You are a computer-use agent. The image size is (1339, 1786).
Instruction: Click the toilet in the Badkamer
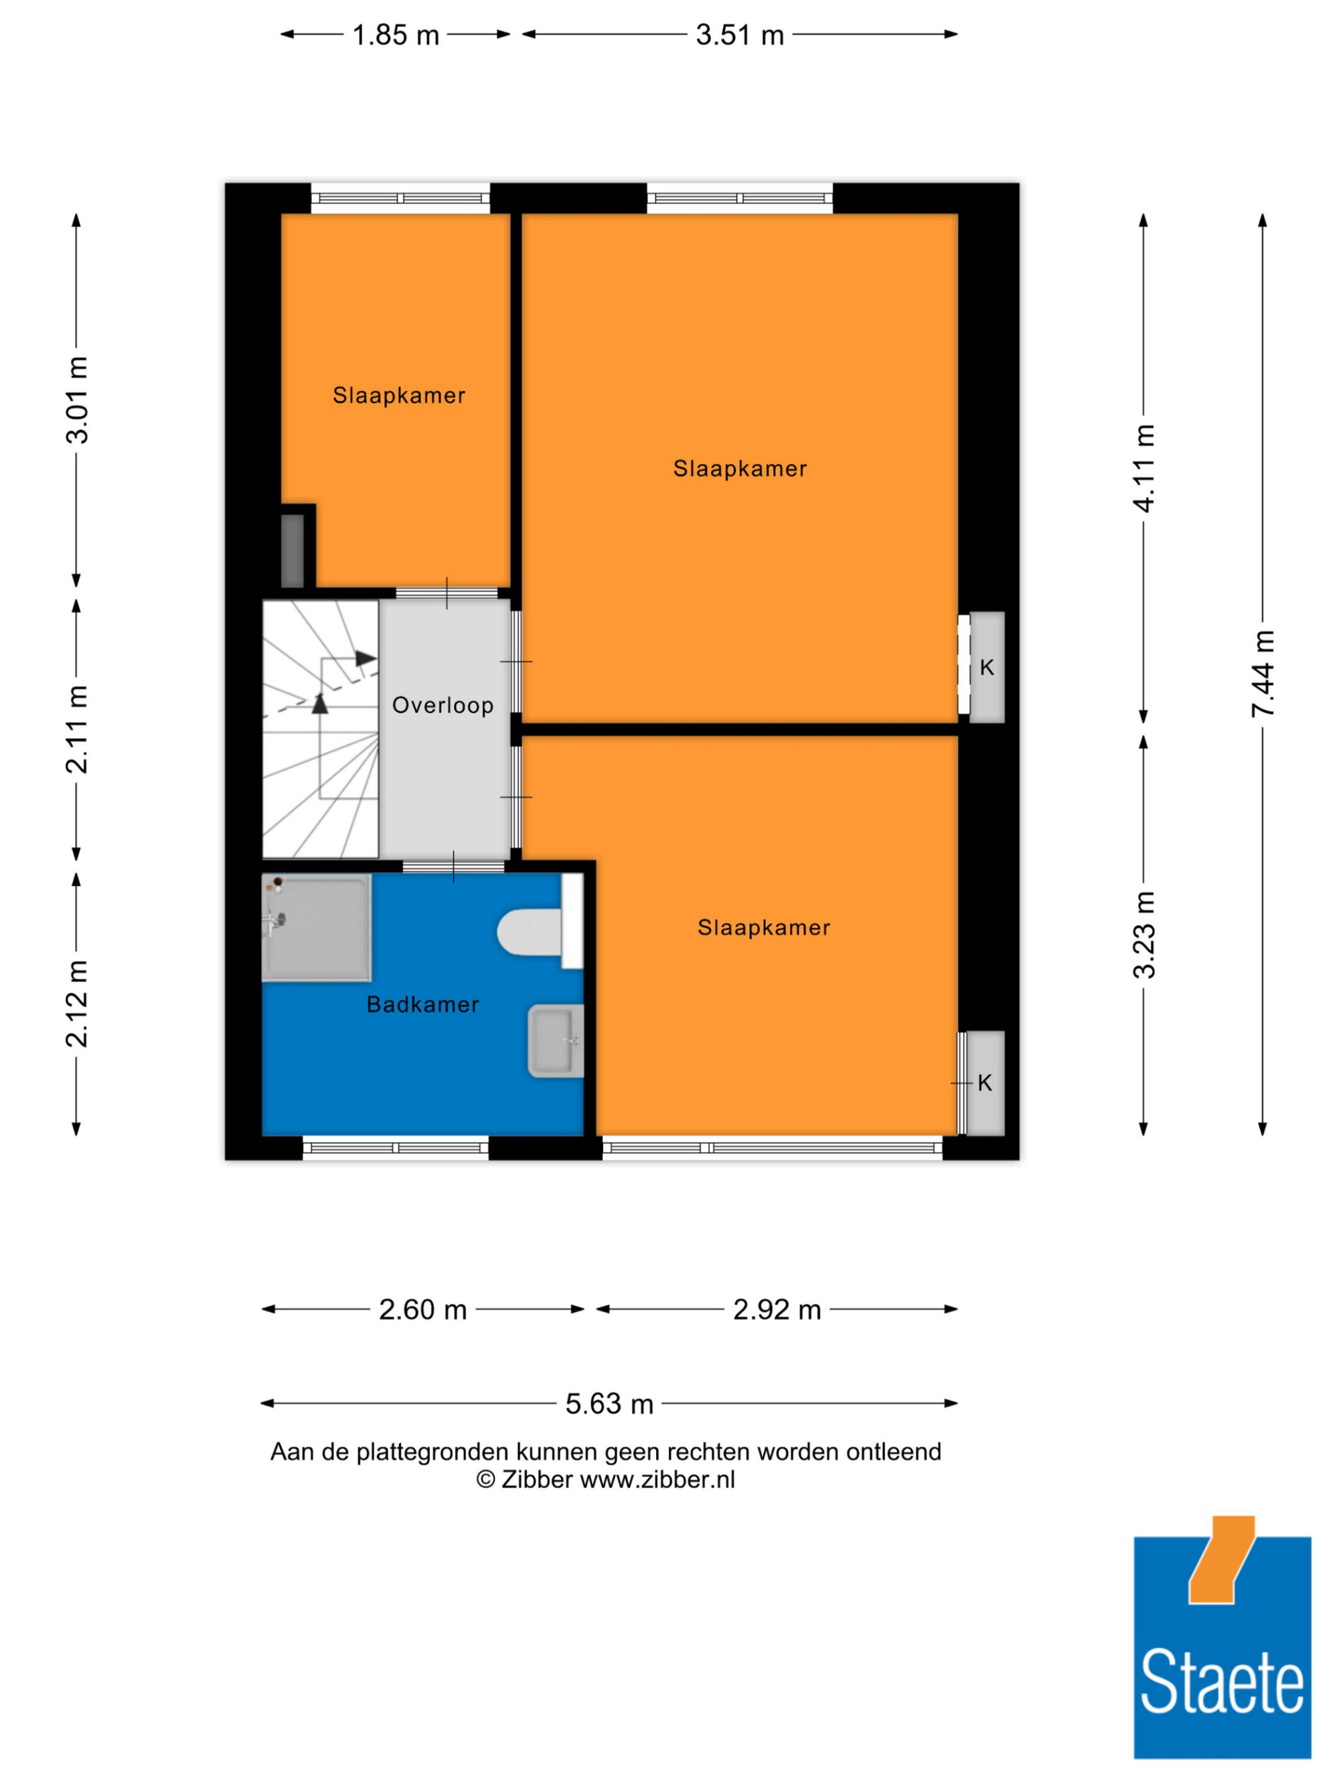pos(539,923)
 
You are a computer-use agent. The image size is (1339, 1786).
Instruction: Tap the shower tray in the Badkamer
pos(317,927)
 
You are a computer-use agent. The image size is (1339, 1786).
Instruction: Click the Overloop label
pos(443,706)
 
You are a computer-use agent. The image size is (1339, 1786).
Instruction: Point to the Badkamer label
pos(423,1004)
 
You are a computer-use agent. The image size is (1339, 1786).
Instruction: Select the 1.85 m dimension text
pos(396,35)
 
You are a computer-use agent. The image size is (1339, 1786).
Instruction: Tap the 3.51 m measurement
pos(740,35)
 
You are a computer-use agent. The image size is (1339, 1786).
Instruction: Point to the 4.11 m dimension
pos(1144,467)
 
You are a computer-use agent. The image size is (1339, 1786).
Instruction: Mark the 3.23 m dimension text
pos(1144,935)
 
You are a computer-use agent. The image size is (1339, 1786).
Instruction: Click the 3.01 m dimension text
pos(78,400)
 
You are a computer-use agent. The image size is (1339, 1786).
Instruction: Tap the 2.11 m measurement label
pos(78,729)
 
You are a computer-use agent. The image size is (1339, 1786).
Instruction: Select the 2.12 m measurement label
pos(78,1004)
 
